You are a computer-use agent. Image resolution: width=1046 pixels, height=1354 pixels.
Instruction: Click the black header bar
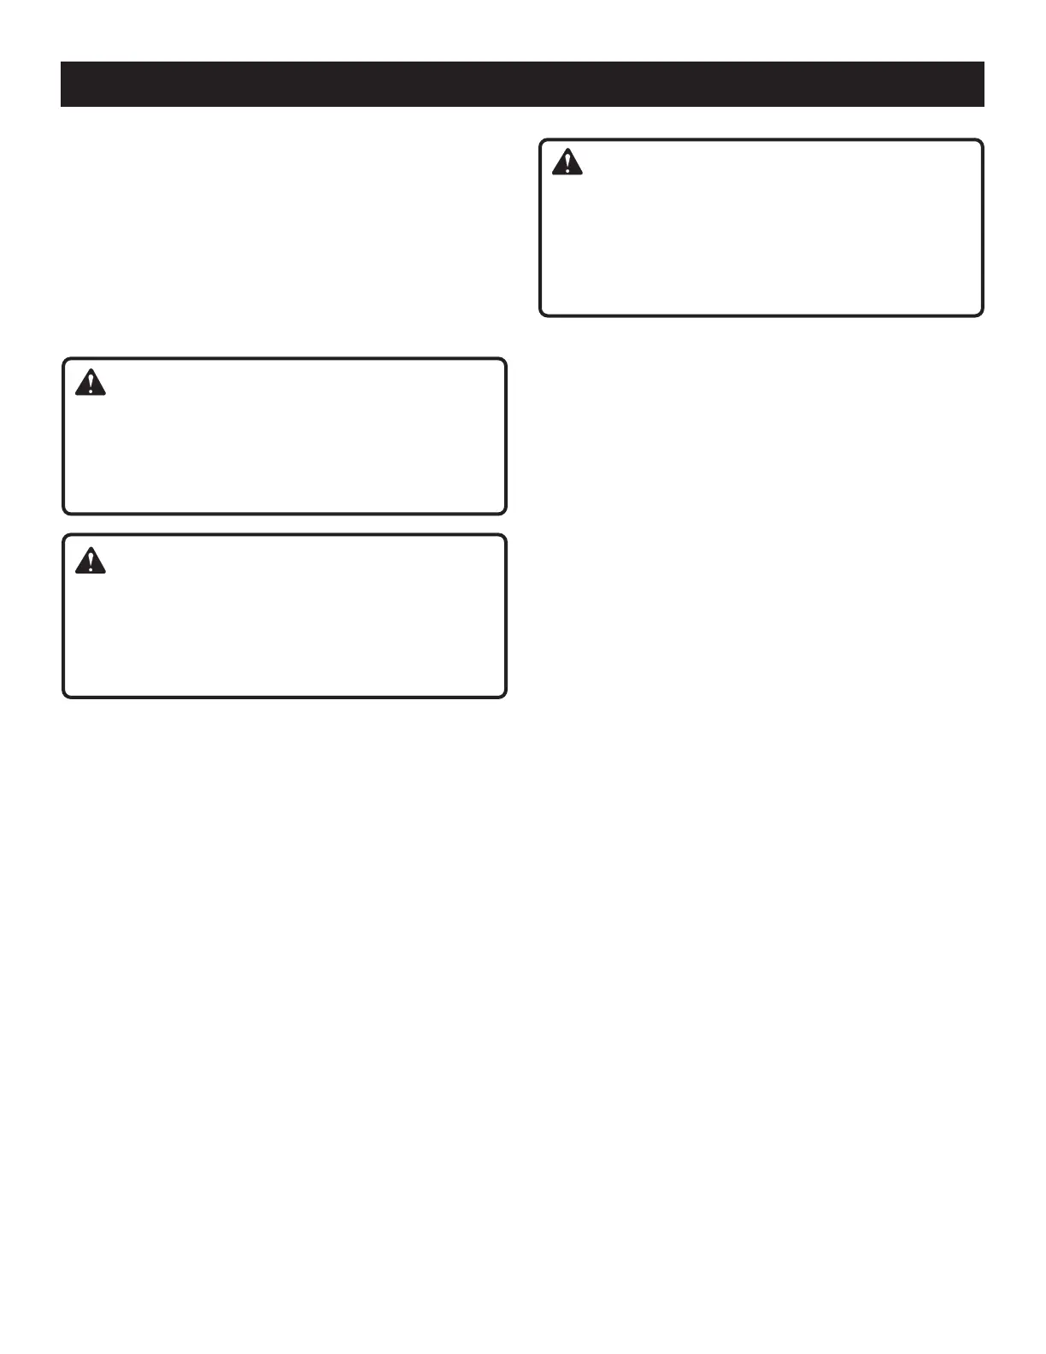522,84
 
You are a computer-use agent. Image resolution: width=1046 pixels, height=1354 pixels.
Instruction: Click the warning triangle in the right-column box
567,162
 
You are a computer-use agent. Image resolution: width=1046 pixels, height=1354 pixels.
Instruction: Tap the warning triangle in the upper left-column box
90,382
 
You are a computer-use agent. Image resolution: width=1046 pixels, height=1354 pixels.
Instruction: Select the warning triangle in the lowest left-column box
90,561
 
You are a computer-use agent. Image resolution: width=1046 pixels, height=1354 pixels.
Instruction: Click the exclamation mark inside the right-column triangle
567,164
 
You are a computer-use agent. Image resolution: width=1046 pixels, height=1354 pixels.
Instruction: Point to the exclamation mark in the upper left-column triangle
90,384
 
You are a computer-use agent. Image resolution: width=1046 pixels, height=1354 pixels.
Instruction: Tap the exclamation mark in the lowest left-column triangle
90,562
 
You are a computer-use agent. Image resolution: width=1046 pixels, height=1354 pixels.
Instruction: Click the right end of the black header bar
981,84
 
